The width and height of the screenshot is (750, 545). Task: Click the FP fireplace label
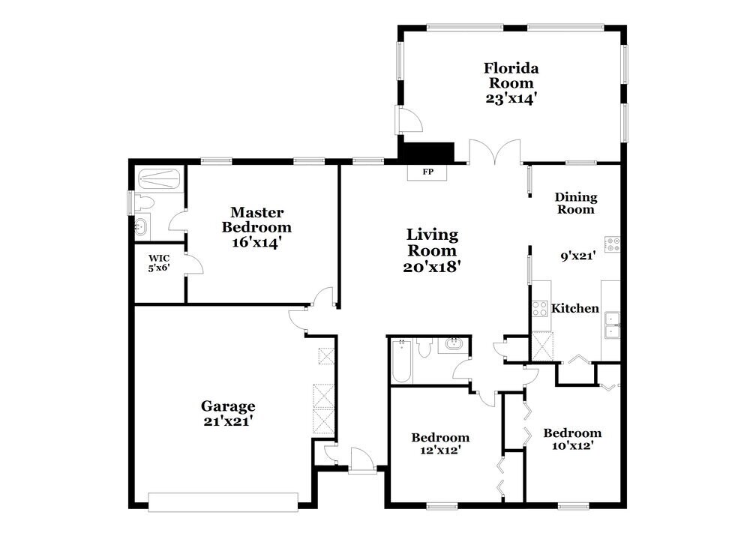click(427, 172)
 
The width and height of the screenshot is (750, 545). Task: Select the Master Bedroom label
click(256, 220)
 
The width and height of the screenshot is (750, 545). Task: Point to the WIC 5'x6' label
click(159, 263)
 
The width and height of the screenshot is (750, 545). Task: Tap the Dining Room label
click(576, 203)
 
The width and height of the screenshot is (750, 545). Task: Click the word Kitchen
click(575, 308)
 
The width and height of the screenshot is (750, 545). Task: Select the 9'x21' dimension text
click(577, 256)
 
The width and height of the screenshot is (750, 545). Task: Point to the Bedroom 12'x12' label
click(440, 444)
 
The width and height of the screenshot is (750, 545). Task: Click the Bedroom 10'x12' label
click(572, 439)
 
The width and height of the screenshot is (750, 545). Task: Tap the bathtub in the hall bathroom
click(401, 361)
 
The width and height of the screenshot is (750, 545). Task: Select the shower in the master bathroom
click(159, 179)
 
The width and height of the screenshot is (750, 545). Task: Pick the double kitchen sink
click(612, 325)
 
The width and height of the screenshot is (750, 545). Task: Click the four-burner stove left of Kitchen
click(540, 308)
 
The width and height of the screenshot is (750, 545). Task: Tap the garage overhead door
click(223, 502)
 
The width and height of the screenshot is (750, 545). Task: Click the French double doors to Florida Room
click(494, 152)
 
